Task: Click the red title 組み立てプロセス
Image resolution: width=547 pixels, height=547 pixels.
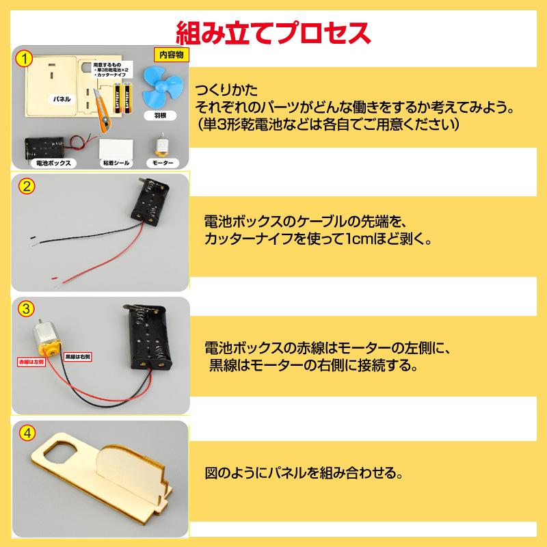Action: (273, 31)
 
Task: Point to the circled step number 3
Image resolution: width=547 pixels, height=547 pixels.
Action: (26, 308)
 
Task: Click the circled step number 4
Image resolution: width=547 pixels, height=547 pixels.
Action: (26, 433)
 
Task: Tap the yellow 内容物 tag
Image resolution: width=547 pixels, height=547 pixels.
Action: (172, 55)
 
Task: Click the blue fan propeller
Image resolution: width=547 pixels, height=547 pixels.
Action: (161, 85)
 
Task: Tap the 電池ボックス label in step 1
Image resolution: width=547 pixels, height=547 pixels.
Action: (53, 163)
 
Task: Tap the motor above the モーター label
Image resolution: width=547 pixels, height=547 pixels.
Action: (162, 145)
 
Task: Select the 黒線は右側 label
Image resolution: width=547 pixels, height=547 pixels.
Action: (78, 358)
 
